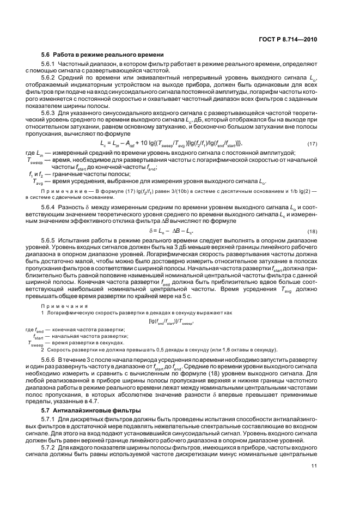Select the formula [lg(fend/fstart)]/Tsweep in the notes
point(175,321)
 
